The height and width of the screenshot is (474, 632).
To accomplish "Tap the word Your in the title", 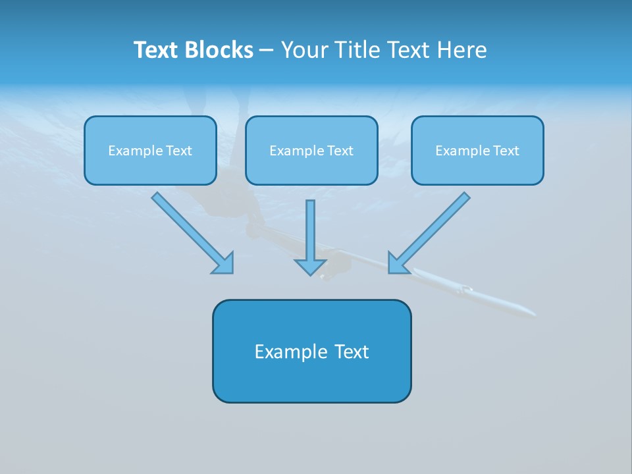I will coord(304,50).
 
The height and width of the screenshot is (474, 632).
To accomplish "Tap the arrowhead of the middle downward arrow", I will coord(310,267).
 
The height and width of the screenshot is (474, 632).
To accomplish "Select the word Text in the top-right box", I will coord(506,151).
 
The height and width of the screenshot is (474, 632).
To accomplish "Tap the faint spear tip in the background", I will coord(520,309).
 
